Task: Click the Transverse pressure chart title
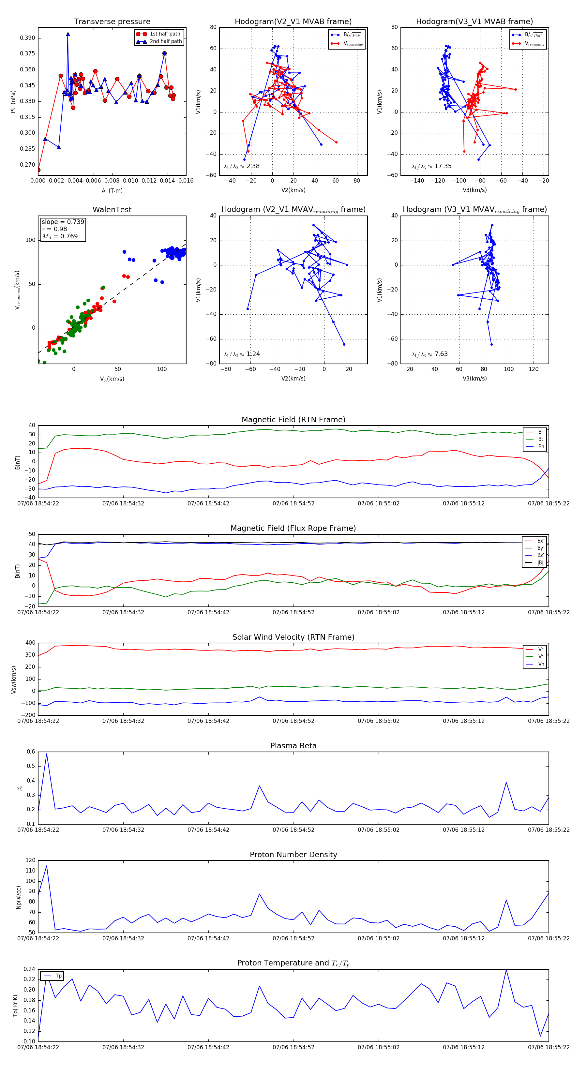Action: click(112, 22)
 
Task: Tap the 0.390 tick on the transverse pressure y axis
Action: click(28, 38)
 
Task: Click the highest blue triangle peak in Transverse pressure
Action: click(68, 34)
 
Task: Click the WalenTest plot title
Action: click(112, 210)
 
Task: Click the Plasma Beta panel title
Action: click(293, 746)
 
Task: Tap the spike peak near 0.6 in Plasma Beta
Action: click(46, 754)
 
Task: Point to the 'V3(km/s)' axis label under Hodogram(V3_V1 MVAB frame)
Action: click(474, 190)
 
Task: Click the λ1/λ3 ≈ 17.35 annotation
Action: click(431, 166)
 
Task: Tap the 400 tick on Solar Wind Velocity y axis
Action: click(30, 643)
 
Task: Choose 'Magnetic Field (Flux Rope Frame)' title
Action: click(293, 529)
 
